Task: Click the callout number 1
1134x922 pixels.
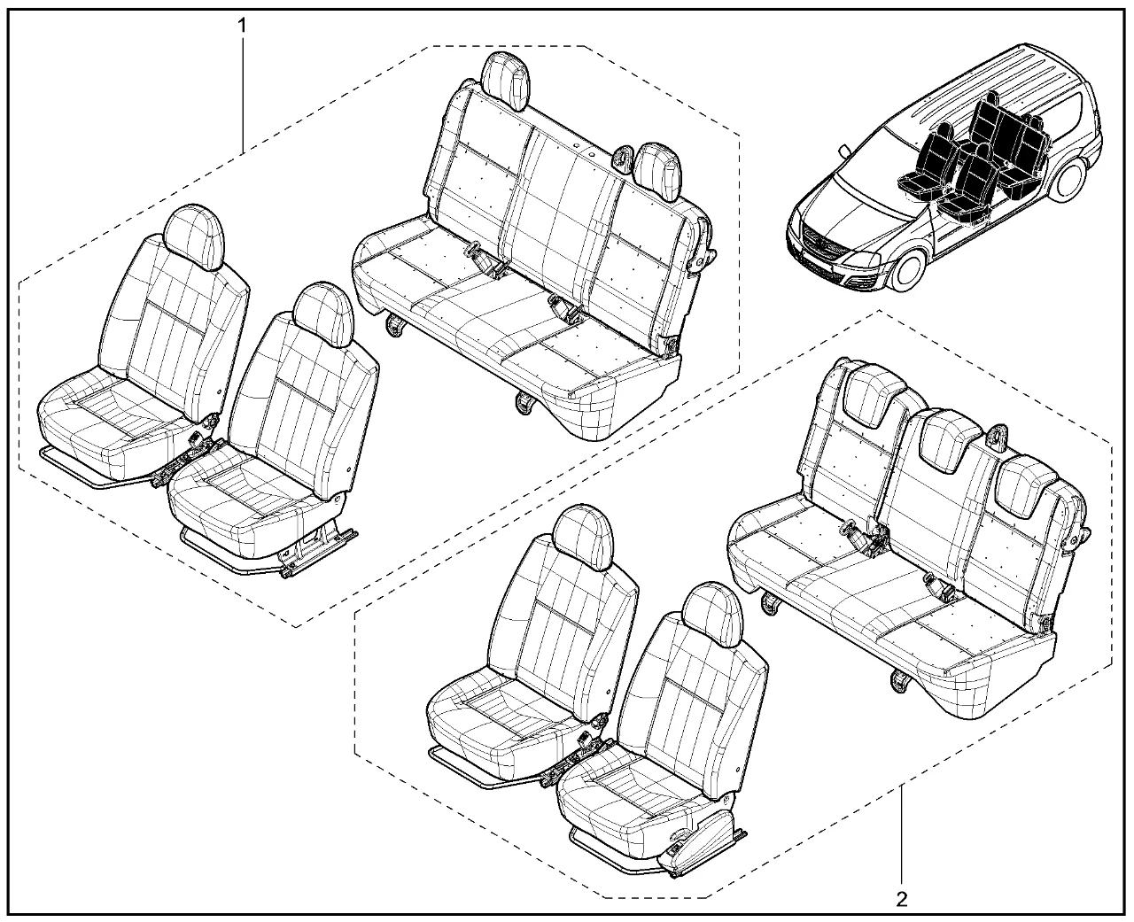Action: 242,25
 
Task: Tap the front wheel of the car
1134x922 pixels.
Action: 906,269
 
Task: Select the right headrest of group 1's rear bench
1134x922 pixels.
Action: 658,170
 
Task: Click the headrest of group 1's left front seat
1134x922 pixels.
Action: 194,236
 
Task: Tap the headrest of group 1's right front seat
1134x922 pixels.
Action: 323,315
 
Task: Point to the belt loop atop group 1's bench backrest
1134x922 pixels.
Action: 621,158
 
